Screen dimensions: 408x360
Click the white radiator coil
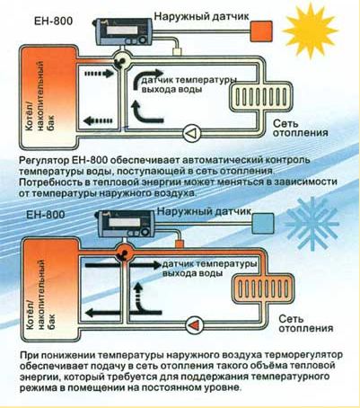(255, 93)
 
